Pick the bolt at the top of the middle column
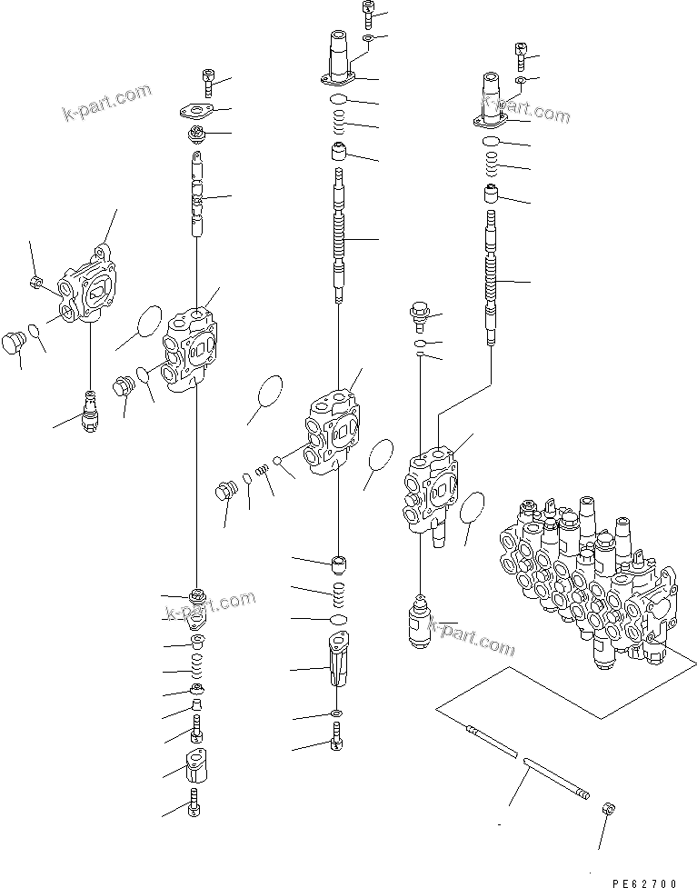click(x=367, y=14)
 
